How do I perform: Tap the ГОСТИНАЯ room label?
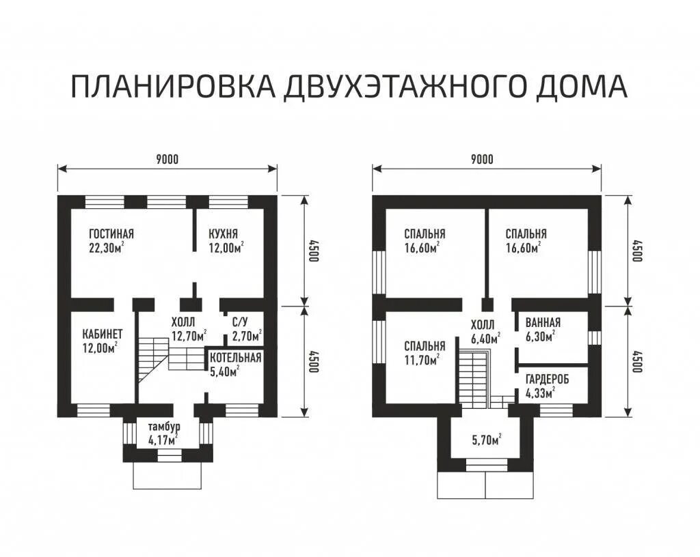(x=111, y=233)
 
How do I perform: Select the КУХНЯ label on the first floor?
(x=224, y=233)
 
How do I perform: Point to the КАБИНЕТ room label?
(x=103, y=334)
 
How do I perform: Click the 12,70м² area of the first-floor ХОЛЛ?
(x=189, y=336)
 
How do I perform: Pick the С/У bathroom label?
(x=243, y=322)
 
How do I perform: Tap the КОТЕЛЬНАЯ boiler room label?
(x=235, y=358)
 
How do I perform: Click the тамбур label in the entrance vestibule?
(x=164, y=427)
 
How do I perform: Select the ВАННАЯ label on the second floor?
(x=543, y=322)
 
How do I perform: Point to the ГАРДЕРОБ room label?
(x=548, y=380)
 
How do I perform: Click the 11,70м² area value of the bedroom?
(x=422, y=359)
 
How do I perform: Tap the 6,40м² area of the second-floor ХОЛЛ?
(x=485, y=338)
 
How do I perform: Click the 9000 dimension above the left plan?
(x=167, y=159)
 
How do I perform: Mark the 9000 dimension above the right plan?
(x=483, y=159)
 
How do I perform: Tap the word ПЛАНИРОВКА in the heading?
(x=173, y=86)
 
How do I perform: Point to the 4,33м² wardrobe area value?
(x=540, y=393)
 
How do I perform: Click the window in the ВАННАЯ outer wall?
(x=594, y=337)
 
